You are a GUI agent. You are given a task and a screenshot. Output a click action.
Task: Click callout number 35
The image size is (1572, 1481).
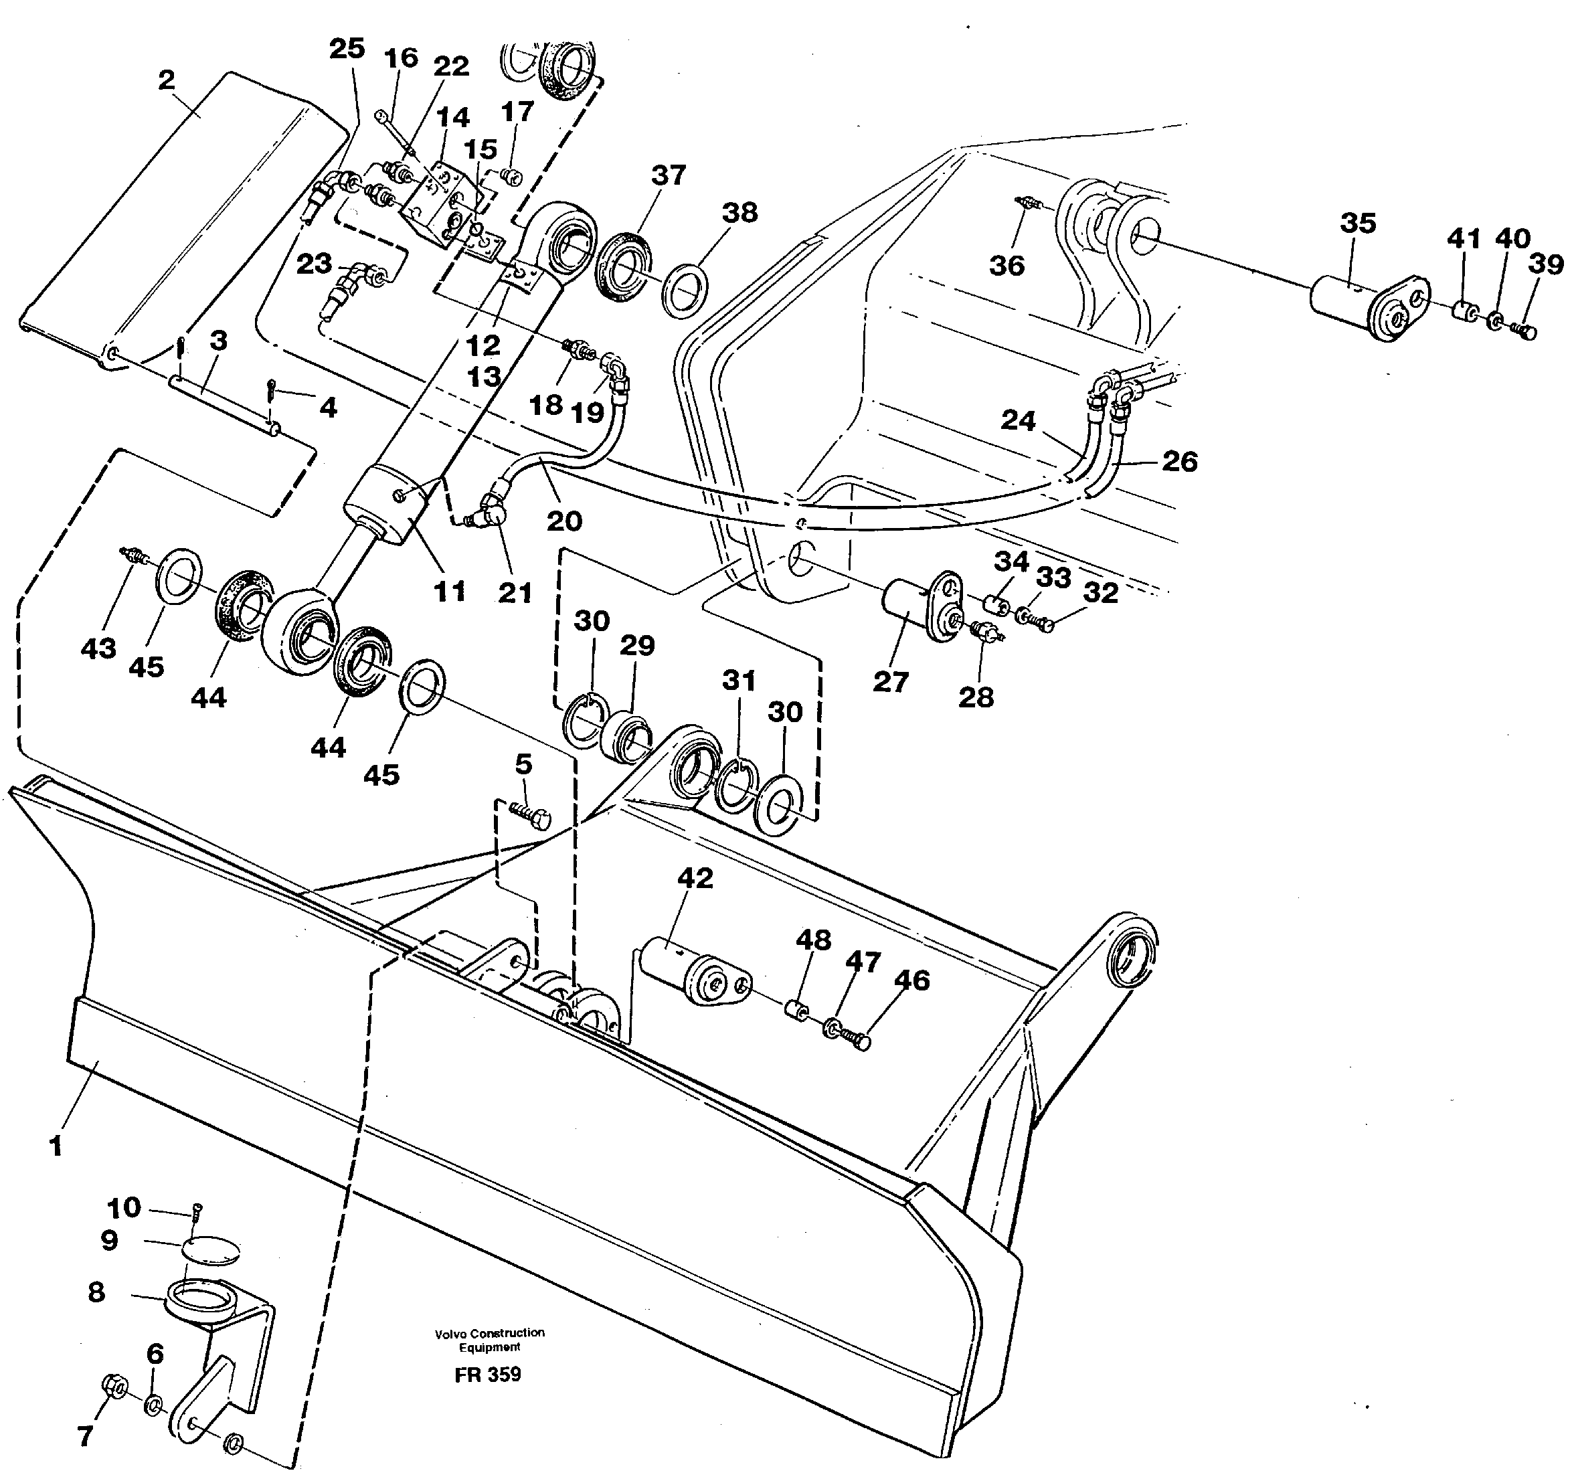[1358, 223]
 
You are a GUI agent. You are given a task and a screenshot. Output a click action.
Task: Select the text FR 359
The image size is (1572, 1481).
[488, 1374]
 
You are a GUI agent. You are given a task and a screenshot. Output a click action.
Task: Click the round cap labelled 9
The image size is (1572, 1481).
[209, 1250]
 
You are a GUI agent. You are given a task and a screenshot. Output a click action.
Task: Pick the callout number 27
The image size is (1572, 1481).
[890, 681]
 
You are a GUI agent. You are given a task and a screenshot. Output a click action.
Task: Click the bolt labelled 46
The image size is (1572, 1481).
[857, 1039]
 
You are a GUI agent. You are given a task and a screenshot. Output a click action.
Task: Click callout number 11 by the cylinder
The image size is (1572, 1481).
[450, 591]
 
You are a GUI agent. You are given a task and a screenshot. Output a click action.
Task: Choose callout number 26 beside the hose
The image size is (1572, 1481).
[1179, 461]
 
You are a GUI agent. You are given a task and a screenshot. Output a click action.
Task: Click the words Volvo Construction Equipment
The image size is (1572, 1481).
[489, 1340]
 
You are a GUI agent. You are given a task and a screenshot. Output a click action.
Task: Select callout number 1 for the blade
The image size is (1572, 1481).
[56, 1145]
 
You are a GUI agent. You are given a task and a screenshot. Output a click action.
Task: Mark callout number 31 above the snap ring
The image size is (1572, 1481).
[739, 680]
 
